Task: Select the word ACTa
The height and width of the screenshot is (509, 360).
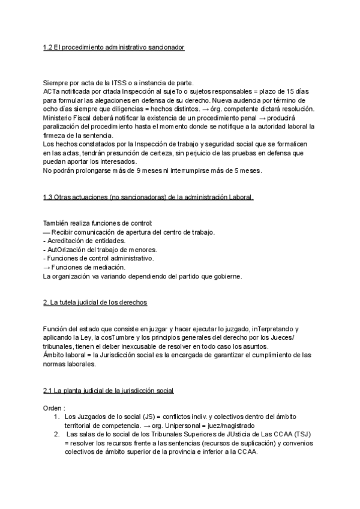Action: tap(52, 91)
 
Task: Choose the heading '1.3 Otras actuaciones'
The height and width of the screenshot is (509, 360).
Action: tap(148, 197)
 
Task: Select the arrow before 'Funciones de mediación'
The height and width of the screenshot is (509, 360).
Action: tap(47, 268)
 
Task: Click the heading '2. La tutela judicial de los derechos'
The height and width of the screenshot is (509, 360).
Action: tap(95, 303)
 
